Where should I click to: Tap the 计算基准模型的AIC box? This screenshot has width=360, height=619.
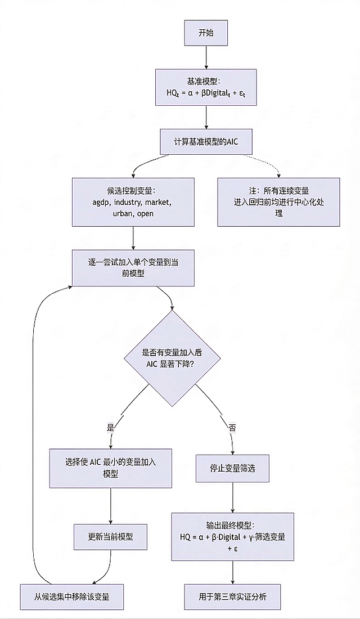pos(206,141)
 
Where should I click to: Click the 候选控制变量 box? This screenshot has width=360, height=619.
pos(133,202)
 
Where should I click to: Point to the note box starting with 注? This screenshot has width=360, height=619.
pos(278,202)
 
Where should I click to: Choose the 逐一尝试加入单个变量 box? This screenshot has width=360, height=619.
pos(133,267)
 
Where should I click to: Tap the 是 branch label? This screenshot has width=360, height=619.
pos(110,427)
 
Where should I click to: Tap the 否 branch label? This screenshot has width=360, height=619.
pos(232,427)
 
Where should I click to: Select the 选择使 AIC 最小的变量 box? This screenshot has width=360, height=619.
pos(110,468)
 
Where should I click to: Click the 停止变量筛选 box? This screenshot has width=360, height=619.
pos(232,468)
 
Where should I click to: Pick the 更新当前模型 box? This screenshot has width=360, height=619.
pos(110,536)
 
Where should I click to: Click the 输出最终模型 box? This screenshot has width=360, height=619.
pos(232,536)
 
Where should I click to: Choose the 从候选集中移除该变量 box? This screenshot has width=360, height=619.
pos(72,596)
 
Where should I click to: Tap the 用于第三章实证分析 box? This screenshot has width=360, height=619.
pos(232,596)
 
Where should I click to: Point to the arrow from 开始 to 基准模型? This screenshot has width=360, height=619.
pos(206,57)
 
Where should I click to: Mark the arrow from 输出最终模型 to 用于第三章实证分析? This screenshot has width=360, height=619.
pos(232,572)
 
